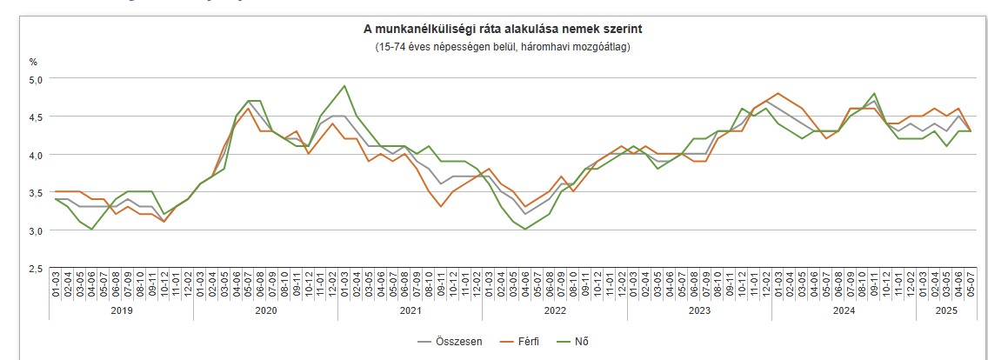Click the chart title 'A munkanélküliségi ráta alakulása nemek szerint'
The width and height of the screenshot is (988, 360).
coord(503,30)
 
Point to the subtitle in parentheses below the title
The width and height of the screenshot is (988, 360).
coord(503,46)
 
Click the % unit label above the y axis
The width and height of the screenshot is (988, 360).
coord(34,62)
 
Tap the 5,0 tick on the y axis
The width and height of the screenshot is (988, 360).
coord(36,78)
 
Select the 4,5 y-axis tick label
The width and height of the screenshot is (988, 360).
coord(36,117)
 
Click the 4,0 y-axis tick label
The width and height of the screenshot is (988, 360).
coord(36,155)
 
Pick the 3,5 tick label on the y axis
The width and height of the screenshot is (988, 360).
coord(36,192)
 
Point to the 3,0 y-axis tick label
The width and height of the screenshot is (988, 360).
coord(36,230)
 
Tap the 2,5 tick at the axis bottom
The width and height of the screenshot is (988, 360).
coord(36,269)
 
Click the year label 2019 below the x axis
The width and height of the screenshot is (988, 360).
coord(122,310)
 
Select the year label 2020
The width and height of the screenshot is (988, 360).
coord(265,310)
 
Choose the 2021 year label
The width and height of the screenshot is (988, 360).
coord(410,310)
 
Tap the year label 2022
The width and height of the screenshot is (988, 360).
coord(554,310)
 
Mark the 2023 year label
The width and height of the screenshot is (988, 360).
coord(698,310)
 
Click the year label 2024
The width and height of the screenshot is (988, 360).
coord(843,310)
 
